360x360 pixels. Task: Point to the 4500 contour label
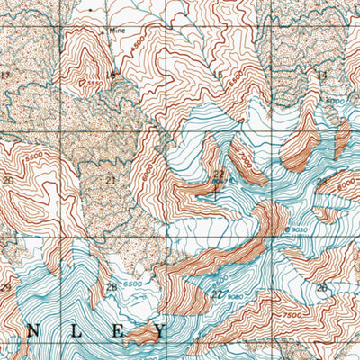pos(136,42)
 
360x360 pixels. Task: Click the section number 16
pos(111,76)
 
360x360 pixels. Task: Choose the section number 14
pos(321,76)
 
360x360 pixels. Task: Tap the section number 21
pos(111,181)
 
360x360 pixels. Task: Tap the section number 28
pos(111,288)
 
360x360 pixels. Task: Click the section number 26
pos(321,287)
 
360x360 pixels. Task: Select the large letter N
pos(32,331)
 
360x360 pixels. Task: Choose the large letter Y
pos(161,331)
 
